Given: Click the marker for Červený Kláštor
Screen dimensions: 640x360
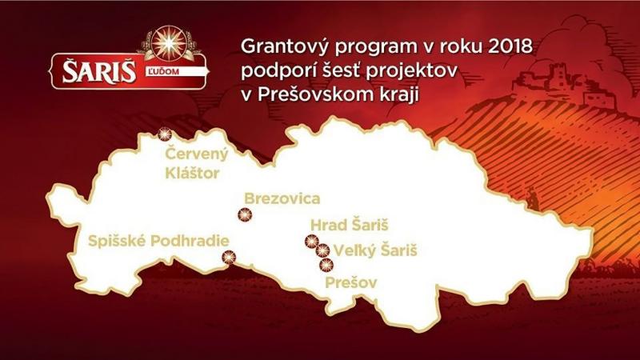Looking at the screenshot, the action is click(165, 134).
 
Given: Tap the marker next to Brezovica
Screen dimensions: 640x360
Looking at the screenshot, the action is click(245, 214).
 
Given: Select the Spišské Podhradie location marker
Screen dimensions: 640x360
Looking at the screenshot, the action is click(229, 257).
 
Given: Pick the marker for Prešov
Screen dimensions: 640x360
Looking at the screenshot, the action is click(326, 266).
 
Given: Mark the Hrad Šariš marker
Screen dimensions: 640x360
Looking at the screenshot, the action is click(311, 242).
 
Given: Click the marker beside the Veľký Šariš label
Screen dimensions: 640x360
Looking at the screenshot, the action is click(323, 250).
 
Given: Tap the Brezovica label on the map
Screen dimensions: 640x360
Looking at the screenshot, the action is click(282, 198).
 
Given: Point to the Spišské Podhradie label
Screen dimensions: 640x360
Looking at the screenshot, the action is click(158, 242).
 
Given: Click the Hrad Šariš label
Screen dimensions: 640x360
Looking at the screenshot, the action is click(350, 225).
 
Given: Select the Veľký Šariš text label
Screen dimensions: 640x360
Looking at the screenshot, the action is click(375, 250).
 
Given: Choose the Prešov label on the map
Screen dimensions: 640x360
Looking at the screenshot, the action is click(351, 282).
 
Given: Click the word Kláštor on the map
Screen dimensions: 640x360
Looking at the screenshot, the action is click(192, 173).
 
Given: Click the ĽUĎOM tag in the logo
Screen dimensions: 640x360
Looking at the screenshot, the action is click(162, 72).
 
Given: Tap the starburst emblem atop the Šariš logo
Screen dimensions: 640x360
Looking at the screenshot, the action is click(169, 43).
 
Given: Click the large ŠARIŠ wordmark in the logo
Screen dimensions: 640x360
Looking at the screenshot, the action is click(98, 72).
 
